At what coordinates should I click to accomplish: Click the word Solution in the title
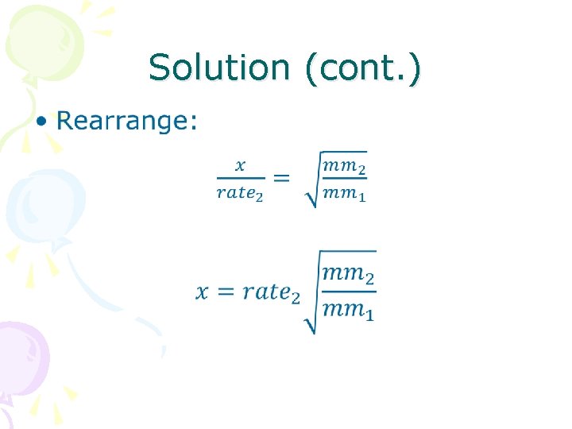point(218,68)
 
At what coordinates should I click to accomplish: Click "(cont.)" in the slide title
point(362,69)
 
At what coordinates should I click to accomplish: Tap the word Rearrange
point(126,121)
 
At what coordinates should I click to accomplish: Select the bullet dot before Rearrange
point(42,121)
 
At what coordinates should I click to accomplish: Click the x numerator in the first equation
point(241,165)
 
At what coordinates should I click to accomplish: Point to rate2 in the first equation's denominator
point(241,193)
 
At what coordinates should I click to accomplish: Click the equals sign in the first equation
point(281,178)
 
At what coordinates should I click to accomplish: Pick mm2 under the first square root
point(344,166)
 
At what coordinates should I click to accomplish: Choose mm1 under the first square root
point(344,193)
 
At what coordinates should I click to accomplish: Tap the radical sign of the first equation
point(311,187)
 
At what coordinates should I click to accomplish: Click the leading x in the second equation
point(203,292)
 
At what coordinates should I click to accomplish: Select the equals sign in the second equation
point(226,292)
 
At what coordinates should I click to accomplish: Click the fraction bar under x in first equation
point(241,179)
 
